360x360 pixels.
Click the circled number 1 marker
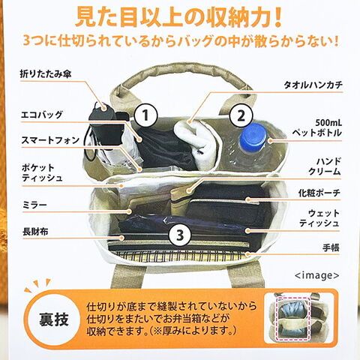pos(145,115)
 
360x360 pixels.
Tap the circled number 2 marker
pos(241,115)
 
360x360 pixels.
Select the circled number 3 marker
pos(180,235)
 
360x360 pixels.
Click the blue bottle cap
pos(253,137)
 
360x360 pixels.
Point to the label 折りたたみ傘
pos(46,74)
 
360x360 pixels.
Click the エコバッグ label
pos(41,115)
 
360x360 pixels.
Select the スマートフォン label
pos(50,140)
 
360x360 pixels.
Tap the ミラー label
pos(34,205)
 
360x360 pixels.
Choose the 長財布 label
pos(35,232)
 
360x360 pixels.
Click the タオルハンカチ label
pos(313,85)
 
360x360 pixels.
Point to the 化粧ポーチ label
pos(319,193)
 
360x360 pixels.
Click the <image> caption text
pos(316,275)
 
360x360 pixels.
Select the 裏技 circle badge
pos(53,320)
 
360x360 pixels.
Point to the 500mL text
pos(328,123)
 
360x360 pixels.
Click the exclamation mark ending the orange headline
pos(276,17)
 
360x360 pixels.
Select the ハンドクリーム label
pos(325,166)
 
